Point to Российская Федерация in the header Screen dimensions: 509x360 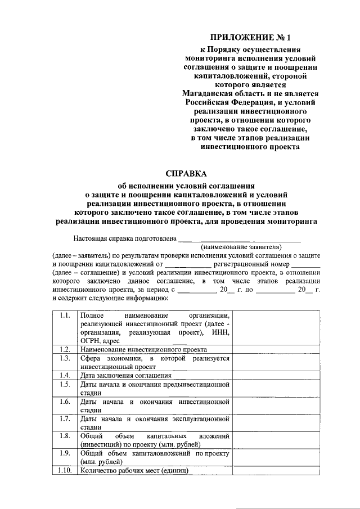[230, 102]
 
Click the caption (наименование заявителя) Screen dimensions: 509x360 [241, 246]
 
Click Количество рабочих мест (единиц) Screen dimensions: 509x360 [134, 470]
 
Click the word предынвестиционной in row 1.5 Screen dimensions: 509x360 [195, 384]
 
